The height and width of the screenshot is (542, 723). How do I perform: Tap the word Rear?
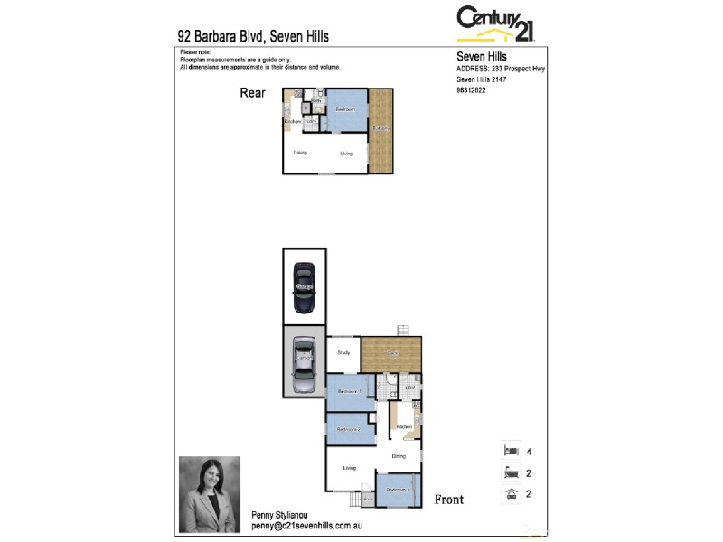pos(252,93)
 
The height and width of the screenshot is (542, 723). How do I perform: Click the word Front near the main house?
pos(449,500)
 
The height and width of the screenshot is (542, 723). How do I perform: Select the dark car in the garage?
pos(304,285)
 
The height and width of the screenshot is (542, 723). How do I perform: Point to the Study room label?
pos(343,353)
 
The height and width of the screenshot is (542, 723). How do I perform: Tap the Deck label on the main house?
pos(391,352)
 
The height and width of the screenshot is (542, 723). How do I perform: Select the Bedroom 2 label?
pos(350,429)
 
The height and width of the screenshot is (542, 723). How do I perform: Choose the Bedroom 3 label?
pos(398,491)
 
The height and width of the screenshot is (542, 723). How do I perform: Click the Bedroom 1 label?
pos(350,391)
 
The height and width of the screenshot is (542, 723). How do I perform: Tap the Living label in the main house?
pos(350,468)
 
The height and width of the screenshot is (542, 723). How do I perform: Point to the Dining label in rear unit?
pos(301,153)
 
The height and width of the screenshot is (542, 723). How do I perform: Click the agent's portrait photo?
pos(210,494)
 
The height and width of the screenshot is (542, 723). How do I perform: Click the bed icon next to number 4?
pos(510,450)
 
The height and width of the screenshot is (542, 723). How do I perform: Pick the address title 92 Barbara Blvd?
pos(253,37)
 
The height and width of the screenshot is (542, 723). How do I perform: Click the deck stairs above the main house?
pos(404,330)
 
